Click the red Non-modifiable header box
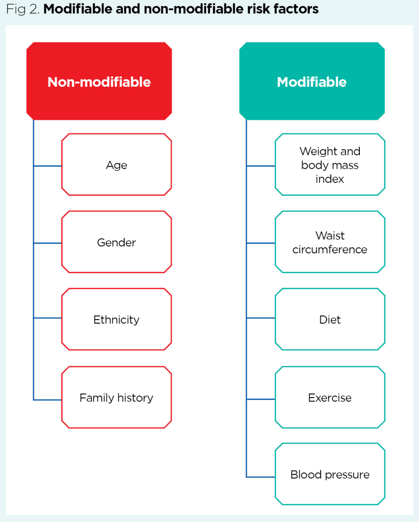pos(99,82)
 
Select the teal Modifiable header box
pos(312,82)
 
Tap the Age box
pos(116,165)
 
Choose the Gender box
pos(116,242)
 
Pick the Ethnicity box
pos(116,320)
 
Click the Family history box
pos(116,397)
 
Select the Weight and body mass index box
pos(330,165)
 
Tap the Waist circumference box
pos(330,242)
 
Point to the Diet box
pos(330,320)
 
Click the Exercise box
pos(330,397)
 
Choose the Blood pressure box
pos(330,475)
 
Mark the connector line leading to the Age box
pos(47,166)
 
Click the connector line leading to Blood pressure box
pos(261,477)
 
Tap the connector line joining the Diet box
pos(261,318)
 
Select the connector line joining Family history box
pos(47,400)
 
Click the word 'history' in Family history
pos(135,398)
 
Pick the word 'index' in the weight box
pos(330,179)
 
